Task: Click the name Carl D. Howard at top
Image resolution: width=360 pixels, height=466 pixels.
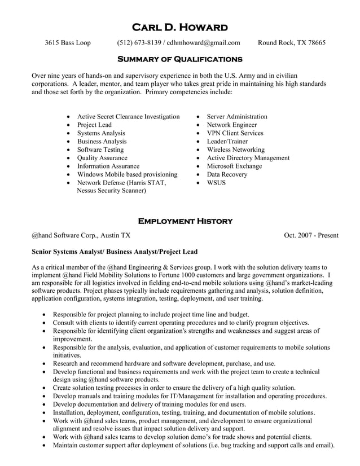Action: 179,27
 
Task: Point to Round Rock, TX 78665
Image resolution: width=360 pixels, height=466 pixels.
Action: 291,43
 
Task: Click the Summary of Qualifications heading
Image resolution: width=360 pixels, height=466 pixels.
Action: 179,59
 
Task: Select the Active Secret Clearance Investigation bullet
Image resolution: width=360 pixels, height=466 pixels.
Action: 128,117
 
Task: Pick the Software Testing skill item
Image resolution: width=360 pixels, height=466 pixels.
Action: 100,150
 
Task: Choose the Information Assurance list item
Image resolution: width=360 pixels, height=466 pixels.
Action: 108,166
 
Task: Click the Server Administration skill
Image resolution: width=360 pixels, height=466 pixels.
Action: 237,117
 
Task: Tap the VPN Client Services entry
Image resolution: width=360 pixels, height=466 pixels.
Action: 235,133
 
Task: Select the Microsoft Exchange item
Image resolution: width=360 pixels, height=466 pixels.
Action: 234,166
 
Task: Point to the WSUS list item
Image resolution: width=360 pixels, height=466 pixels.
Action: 216,183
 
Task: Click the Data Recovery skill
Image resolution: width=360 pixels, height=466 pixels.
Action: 227,175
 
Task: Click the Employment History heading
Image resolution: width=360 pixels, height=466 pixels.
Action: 185,221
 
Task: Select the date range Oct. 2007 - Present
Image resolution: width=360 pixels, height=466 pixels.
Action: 311,236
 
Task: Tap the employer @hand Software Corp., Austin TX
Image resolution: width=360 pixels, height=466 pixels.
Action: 81,236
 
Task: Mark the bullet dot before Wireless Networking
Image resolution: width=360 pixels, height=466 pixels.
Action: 197,150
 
